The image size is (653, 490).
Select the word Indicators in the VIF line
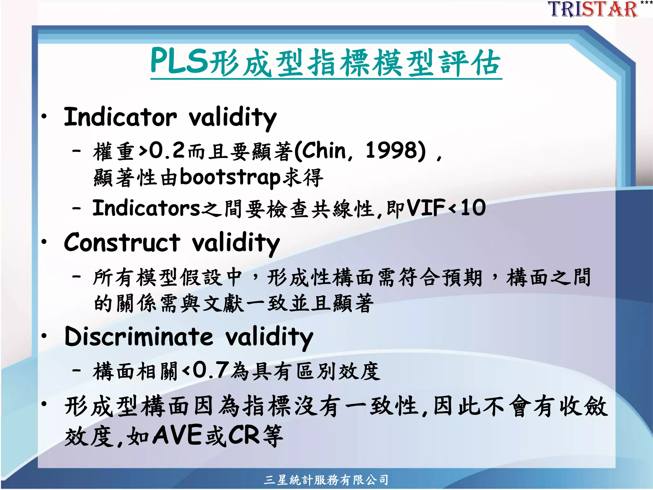pyautogui.click(x=146, y=208)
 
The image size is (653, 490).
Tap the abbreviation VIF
pyautogui.click(x=426, y=208)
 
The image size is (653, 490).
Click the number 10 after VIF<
pyautogui.click(x=473, y=208)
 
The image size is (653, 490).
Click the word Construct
pyautogui.click(x=122, y=242)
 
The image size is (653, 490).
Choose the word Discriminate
pyautogui.click(x=139, y=337)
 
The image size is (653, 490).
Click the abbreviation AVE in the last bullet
pyautogui.click(x=177, y=435)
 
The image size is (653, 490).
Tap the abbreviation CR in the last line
pyautogui.click(x=244, y=435)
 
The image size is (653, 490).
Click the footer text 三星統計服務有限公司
pyautogui.click(x=326, y=480)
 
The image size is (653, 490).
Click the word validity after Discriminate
pyautogui.click(x=269, y=337)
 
